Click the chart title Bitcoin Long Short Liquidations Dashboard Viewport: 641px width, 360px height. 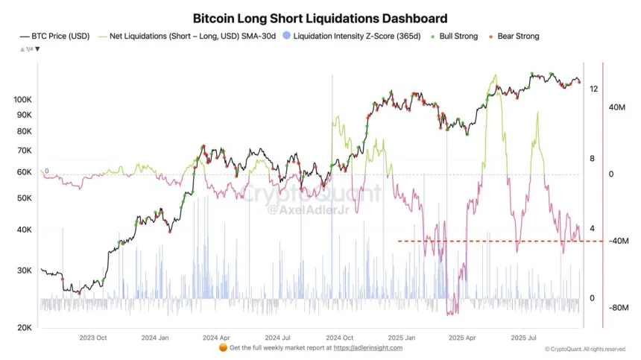pyautogui.click(x=320, y=18)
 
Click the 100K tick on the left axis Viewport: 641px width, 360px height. pyautogui.click(x=22, y=99)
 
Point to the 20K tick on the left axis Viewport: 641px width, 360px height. pyautogui.click(x=24, y=328)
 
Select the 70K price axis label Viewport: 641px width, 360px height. pyautogui.click(x=24, y=151)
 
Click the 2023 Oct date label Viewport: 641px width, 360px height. pyautogui.click(x=92, y=338)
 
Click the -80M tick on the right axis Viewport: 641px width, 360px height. pyautogui.click(x=620, y=307)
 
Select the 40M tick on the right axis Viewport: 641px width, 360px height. pyautogui.click(x=617, y=107)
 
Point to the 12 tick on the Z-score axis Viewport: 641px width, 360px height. pyautogui.click(x=593, y=89)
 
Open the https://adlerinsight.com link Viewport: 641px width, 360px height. pyautogui.click(x=367, y=348)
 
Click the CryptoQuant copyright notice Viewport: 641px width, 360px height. pyautogui.click(x=585, y=349)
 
